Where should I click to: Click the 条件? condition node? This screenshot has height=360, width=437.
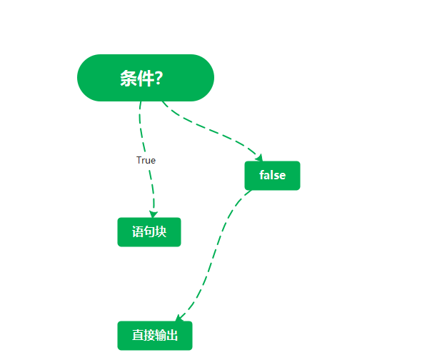(x=146, y=78)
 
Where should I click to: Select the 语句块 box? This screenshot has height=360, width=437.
(x=149, y=232)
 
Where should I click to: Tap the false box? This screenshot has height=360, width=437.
(x=272, y=176)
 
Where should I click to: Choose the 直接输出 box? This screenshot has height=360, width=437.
(x=155, y=336)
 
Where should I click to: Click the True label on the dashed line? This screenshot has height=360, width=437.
(x=146, y=161)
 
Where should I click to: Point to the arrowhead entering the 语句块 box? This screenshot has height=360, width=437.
(x=153, y=214)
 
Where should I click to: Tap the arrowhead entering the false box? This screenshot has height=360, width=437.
(x=259, y=158)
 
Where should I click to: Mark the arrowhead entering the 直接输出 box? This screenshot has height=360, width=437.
(x=179, y=318)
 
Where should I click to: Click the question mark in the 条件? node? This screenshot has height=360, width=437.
(x=158, y=79)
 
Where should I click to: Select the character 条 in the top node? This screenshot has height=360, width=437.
(x=128, y=79)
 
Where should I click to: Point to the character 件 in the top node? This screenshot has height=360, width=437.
(x=144, y=79)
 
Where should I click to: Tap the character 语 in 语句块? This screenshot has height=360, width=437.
(x=138, y=232)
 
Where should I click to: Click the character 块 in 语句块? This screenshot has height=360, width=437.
(x=161, y=232)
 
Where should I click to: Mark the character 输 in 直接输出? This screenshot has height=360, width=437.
(x=161, y=336)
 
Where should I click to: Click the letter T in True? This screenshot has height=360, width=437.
(x=139, y=161)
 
